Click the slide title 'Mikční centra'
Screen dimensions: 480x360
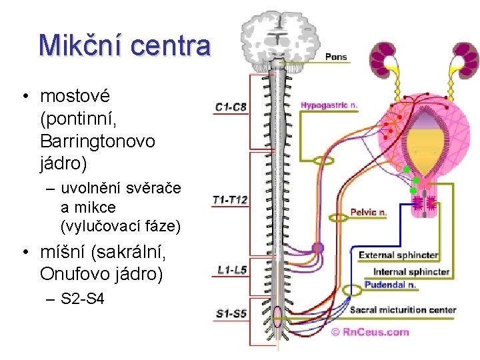125,46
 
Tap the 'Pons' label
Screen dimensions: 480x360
336,57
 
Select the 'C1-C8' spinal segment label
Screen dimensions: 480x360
231,107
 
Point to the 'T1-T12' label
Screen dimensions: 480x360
230,199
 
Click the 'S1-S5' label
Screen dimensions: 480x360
231,313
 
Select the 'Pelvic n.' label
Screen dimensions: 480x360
369,213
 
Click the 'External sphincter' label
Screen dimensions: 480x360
398,255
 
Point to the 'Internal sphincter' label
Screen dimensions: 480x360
411,271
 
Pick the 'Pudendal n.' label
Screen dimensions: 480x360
391,285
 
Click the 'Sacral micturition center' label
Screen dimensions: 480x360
403,310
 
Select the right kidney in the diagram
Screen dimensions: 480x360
462,61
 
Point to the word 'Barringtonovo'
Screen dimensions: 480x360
97,141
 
